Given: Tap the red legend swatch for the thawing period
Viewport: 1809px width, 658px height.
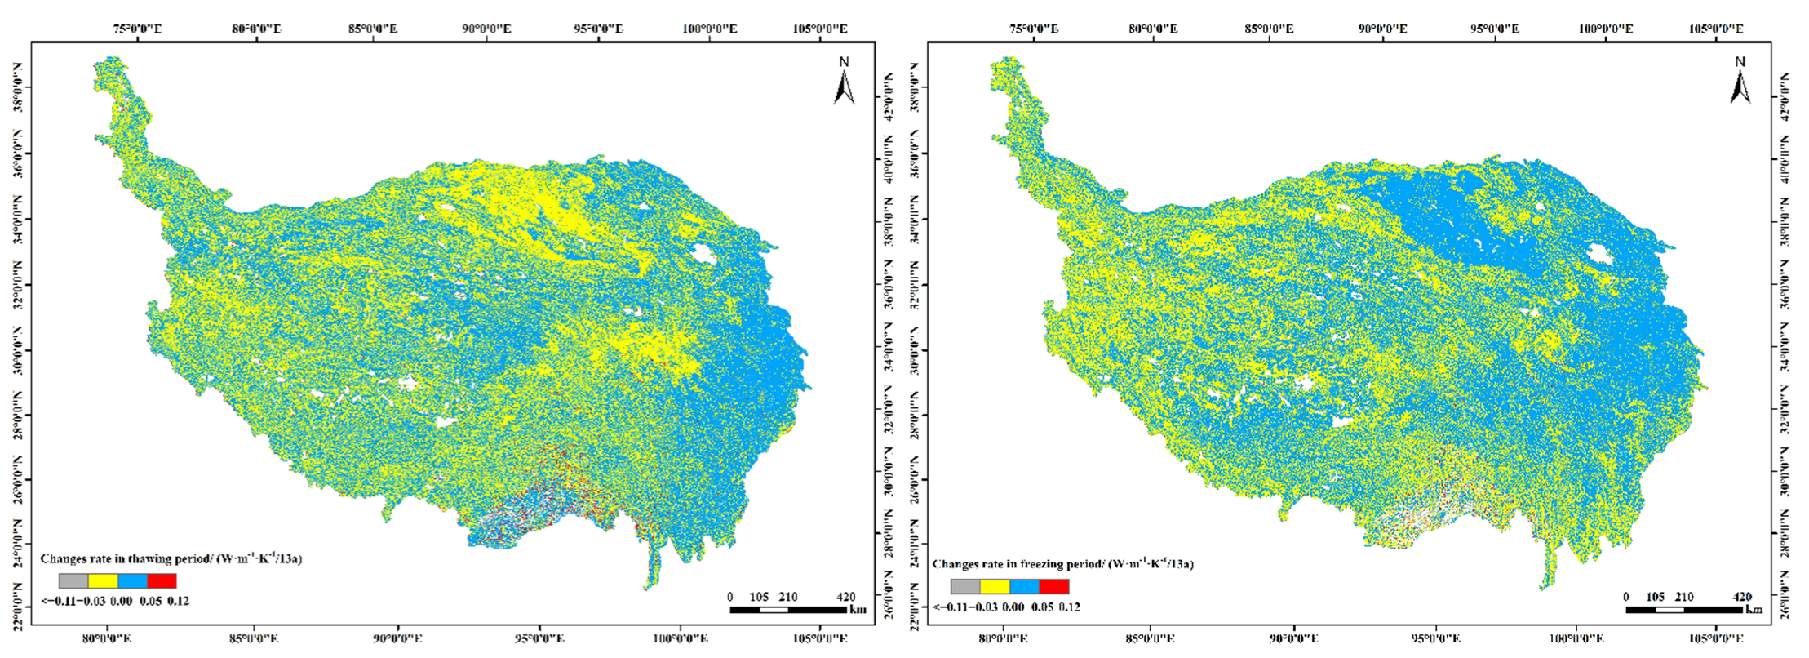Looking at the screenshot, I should (x=162, y=581).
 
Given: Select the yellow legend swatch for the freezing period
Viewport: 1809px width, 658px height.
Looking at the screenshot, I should (x=995, y=586).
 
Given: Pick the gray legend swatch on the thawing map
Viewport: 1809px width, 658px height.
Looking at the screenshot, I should (x=73, y=581).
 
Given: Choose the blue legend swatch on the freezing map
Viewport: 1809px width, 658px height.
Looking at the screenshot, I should (x=1024, y=586).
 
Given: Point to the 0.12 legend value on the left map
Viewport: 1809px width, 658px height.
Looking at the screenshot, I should (x=178, y=602).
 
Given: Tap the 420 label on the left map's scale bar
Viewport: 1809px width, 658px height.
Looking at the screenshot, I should (x=847, y=597).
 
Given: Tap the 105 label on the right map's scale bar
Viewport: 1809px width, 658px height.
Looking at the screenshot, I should (x=1655, y=597).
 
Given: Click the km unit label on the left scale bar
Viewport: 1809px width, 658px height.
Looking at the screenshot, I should (x=857, y=610).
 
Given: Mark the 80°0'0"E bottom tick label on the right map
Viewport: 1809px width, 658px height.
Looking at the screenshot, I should (x=1004, y=638).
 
